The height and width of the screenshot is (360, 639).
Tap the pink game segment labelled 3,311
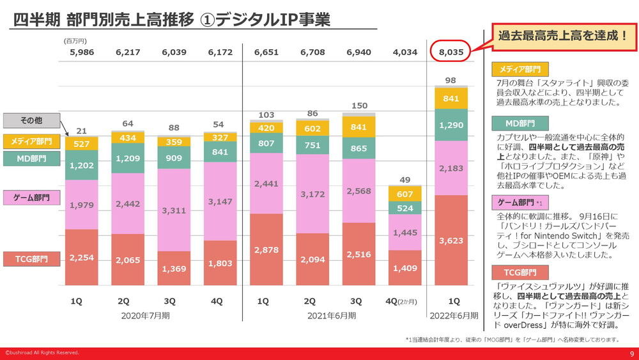point(174,210)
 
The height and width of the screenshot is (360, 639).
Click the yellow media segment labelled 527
point(82,144)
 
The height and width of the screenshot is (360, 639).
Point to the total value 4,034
point(405,52)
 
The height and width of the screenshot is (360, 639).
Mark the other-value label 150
point(359,106)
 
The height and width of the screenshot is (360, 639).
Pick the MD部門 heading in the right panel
point(520,123)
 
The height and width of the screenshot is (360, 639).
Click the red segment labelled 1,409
point(405,269)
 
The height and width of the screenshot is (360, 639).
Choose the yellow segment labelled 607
point(405,194)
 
